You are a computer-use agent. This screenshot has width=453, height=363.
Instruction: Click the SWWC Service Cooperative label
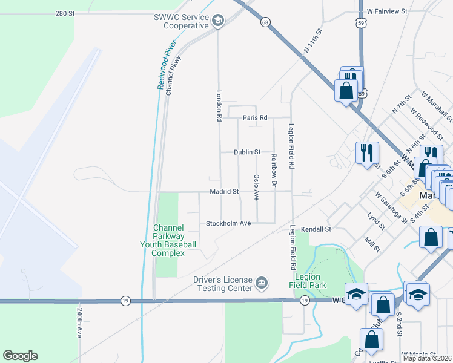[180, 22]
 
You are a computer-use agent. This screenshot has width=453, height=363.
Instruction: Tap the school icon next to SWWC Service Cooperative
[217, 22]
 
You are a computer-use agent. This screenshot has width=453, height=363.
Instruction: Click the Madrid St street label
[225, 192]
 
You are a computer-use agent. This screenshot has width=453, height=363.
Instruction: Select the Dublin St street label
[247, 152]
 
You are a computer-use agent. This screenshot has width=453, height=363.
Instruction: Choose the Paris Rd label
[254, 118]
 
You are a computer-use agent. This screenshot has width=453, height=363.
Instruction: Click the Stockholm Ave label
[228, 223]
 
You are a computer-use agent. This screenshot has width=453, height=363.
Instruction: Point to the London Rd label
[219, 106]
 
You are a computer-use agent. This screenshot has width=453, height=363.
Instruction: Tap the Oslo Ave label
[256, 188]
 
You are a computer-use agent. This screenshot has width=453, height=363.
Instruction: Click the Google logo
[20, 356]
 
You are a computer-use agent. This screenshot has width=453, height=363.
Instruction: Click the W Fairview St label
[390, 11]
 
